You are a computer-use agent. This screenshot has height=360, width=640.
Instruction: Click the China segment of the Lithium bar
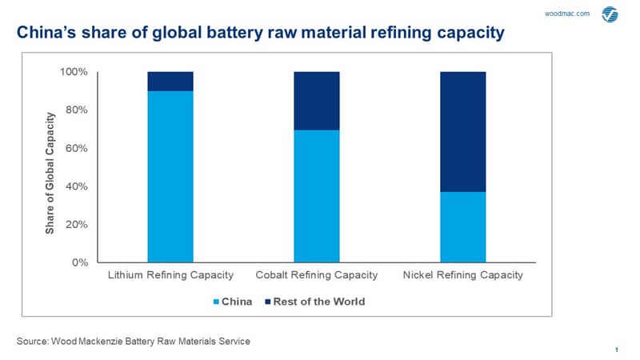click(x=170, y=176)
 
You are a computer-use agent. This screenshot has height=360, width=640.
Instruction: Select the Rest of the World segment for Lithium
click(x=170, y=82)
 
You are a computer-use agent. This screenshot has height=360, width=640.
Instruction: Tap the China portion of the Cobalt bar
click(x=316, y=196)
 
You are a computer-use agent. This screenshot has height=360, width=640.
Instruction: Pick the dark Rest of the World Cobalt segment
click(x=316, y=101)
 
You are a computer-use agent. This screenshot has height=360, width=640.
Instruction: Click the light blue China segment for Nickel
click(x=463, y=227)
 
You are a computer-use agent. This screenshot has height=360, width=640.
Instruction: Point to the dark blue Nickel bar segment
click(x=463, y=132)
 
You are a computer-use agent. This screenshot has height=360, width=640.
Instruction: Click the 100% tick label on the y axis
click(x=74, y=72)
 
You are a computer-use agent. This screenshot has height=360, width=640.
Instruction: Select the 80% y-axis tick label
click(x=76, y=110)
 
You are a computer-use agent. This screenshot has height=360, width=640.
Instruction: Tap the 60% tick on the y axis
click(x=76, y=148)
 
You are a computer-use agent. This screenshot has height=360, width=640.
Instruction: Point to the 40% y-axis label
click(x=76, y=186)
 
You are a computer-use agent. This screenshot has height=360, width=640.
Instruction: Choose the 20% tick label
click(x=76, y=225)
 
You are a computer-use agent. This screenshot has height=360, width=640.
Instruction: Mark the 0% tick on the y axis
click(x=80, y=262)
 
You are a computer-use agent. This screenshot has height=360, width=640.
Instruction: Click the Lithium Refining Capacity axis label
click(x=170, y=275)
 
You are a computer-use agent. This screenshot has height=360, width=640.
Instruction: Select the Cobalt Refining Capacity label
click(x=317, y=275)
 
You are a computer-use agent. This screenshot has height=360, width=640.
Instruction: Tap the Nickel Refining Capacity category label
click(x=463, y=275)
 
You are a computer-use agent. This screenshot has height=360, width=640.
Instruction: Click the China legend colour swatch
click(x=216, y=302)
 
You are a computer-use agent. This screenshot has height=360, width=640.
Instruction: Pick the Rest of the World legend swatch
click(x=268, y=302)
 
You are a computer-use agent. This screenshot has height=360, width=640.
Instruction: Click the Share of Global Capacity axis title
click(x=50, y=173)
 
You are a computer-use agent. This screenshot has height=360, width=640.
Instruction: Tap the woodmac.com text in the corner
click(x=567, y=14)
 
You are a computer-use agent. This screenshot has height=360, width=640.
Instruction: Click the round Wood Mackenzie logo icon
click(x=610, y=14)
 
